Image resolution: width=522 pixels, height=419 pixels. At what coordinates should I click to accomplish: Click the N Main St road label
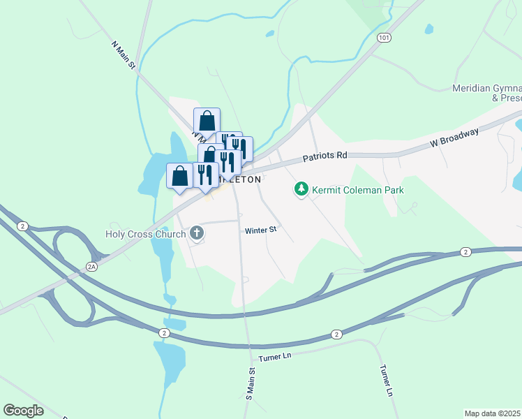pyautogui.click(x=123, y=54)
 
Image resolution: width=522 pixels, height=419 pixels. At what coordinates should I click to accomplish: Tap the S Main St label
pyautogui.click(x=250, y=383)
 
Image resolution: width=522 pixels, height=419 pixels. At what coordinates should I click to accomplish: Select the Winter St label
pyautogui.click(x=261, y=230)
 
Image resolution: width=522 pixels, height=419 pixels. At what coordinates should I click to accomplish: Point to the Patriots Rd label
pyautogui.click(x=325, y=158)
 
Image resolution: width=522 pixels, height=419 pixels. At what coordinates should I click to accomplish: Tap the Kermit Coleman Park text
pyautogui.click(x=359, y=189)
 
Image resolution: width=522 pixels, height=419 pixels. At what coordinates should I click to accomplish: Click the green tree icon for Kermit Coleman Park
pyautogui.click(x=301, y=189)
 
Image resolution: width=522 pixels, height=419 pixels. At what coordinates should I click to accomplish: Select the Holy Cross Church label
pyautogui.click(x=145, y=234)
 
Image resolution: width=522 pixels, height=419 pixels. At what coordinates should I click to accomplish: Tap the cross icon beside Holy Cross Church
pyautogui.click(x=197, y=233)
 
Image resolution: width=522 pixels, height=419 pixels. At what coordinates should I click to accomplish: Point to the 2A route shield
pyautogui.click(x=91, y=266)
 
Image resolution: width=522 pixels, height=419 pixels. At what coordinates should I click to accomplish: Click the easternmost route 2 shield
pyautogui.click(x=466, y=251)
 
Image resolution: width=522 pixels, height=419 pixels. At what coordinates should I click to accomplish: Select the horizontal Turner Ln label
pyautogui.click(x=274, y=357)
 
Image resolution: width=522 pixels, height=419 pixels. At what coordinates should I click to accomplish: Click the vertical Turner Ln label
pyautogui.click(x=385, y=380)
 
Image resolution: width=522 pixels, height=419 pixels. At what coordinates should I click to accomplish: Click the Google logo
pyautogui.click(x=23, y=410)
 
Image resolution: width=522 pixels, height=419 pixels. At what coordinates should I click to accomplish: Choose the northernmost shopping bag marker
pyautogui.click(x=207, y=119)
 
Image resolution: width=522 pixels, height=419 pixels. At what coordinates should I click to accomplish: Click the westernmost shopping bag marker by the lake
pyautogui.click(x=179, y=175)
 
